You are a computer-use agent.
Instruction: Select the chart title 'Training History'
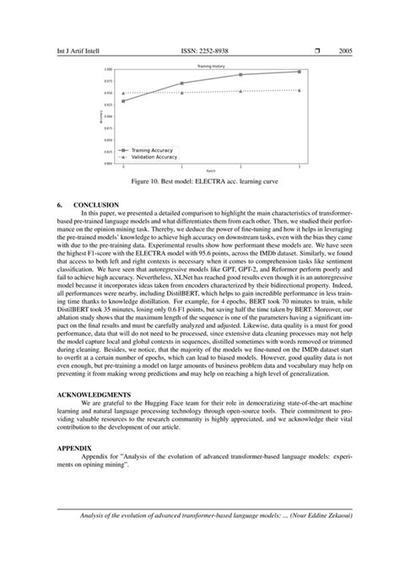pos(210,65)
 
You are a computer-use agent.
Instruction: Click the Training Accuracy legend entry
pos(152,150)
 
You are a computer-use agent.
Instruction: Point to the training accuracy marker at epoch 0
pos(123,101)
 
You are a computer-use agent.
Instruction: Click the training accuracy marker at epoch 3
pos(299,72)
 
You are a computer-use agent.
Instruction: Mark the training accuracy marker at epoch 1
pos(182,83)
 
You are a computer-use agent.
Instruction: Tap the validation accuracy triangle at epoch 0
pos(123,94)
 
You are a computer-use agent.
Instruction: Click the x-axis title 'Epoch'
pos(211,171)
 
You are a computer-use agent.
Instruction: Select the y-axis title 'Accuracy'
pos(100,117)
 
